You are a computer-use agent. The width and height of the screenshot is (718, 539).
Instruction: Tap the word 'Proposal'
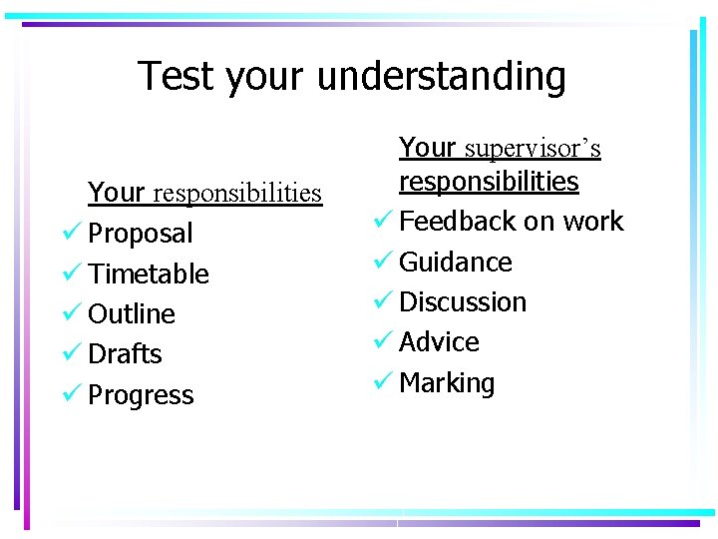click(141, 234)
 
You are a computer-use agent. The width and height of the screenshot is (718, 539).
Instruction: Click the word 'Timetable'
click(149, 273)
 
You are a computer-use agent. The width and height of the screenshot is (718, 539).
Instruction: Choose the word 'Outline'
click(132, 314)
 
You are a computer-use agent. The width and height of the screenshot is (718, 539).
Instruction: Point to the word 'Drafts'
click(125, 354)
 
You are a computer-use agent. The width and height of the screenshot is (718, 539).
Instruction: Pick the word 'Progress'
click(141, 395)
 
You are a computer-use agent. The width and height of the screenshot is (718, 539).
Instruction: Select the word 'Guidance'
click(456, 263)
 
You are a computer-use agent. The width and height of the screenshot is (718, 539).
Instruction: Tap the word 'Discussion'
click(463, 302)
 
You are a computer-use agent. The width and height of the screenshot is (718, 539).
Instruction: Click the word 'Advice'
click(439, 342)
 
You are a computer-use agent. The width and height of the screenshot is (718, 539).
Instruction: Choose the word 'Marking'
click(447, 383)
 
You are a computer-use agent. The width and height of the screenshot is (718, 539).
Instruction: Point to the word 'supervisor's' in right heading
click(533, 149)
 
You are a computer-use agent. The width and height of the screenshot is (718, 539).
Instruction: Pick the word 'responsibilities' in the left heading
click(238, 192)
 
